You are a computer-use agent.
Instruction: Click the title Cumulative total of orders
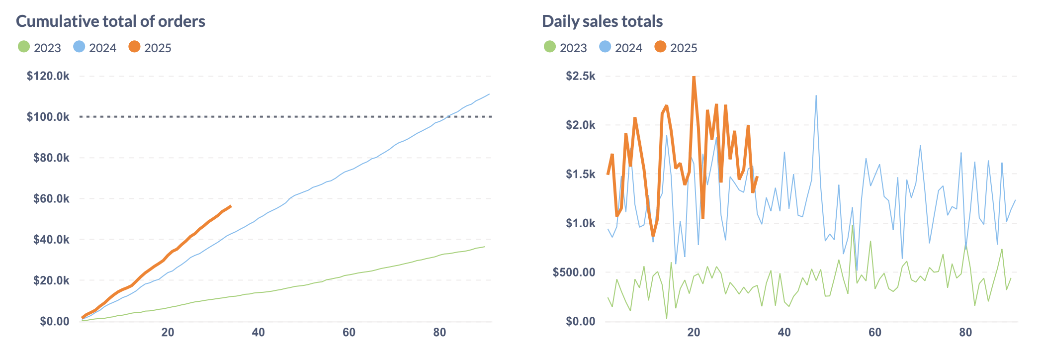pyautogui.click(x=110, y=21)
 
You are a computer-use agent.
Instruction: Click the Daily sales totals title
pyautogui.click(x=602, y=21)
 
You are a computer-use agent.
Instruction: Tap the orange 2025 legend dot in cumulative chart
pyautogui.click(x=134, y=47)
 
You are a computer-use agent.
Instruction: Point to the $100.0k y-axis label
pyautogui.click(x=48, y=117)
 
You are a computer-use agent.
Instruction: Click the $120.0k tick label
pyautogui.click(x=48, y=76)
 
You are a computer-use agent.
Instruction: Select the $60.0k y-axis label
pyautogui.click(x=51, y=199)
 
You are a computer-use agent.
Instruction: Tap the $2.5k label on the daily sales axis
pyautogui.click(x=580, y=76)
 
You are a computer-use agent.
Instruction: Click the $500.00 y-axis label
pyautogui.click(x=574, y=272)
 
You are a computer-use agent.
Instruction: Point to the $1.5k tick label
pyautogui.click(x=580, y=174)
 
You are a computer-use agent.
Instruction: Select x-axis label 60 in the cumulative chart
pyautogui.click(x=349, y=333)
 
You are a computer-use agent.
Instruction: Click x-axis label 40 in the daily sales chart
pyautogui.click(x=784, y=333)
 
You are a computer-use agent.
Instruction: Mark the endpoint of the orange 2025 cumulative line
pyautogui.click(x=231, y=206)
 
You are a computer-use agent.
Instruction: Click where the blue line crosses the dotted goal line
pyautogui.click(x=448, y=116)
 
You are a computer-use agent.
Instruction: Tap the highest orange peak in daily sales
pyautogui.click(x=694, y=77)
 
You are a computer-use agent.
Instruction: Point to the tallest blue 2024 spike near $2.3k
pyautogui.click(x=816, y=96)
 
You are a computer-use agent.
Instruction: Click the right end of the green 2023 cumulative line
pyautogui.click(x=485, y=247)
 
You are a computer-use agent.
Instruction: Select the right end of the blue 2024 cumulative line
pyautogui.click(x=489, y=94)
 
